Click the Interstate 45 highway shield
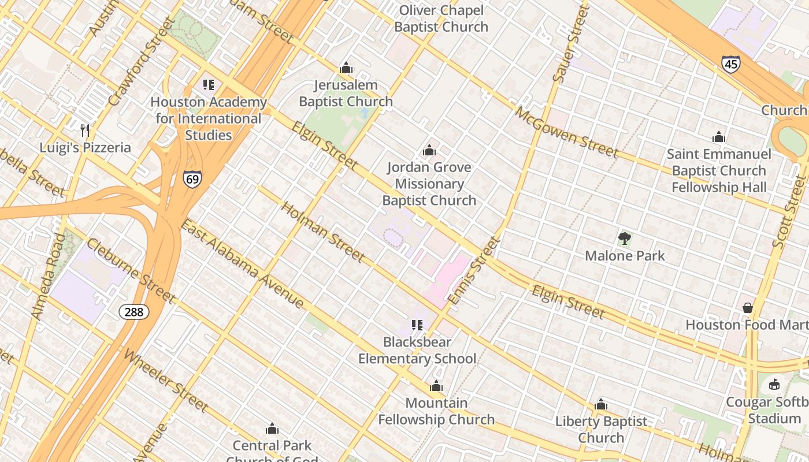click(731, 64)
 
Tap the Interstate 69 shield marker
click(192, 178)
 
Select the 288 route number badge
click(134, 312)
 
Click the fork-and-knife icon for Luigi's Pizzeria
click(86, 130)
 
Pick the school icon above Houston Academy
click(209, 85)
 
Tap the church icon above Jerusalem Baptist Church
click(346, 68)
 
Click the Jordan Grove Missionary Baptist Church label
click(429, 184)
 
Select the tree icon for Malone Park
click(625, 238)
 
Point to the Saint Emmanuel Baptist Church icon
click(719, 137)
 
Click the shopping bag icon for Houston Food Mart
click(748, 308)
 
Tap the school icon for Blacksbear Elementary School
click(417, 325)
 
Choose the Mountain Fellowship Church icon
click(436, 386)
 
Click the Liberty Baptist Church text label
click(601, 430)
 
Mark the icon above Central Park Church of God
click(272, 429)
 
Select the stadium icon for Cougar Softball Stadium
click(774, 385)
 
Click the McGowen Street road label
click(567, 132)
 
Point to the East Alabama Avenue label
click(242, 263)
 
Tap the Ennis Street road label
click(473, 271)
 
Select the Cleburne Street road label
click(131, 271)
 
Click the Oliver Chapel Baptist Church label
click(441, 18)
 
